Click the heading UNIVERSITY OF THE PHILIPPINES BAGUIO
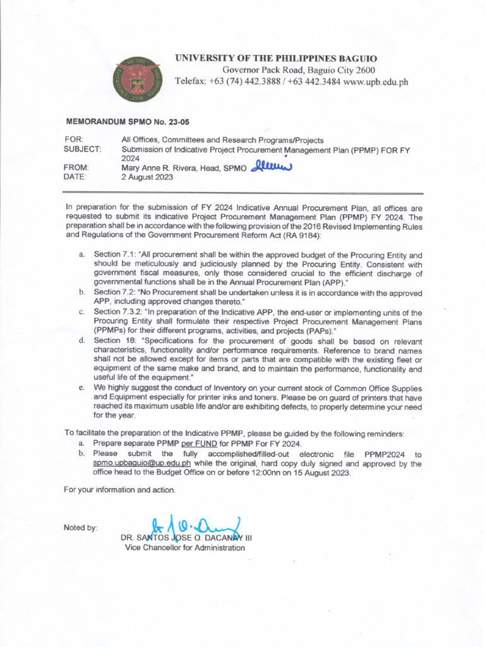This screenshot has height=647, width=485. pos(276,58)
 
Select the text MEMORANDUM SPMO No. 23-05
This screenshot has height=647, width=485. pos(123,119)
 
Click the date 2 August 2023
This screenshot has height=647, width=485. pos(147,178)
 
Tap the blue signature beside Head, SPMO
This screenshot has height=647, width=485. pos(273,166)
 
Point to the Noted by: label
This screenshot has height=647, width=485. pos(81,528)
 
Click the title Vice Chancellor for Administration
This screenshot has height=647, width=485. pos(184,548)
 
